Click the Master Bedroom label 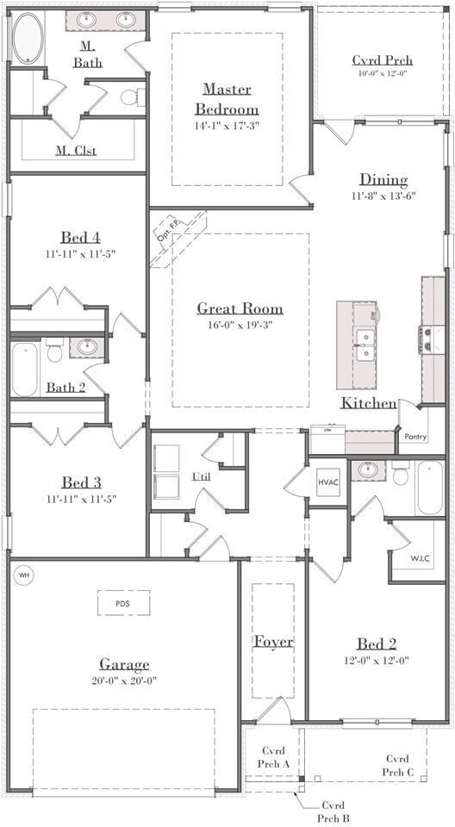[x=227, y=98]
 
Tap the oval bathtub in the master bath [x=28, y=38]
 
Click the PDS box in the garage [x=123, y=603]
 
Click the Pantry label [x=415, y=437]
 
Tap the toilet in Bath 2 [x=54, y=350]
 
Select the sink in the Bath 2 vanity [x=87, y=346]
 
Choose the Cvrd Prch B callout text [x=333, y=811]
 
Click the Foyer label [x=273, y=641]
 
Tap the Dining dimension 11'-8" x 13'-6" [x=383, y=196]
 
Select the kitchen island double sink [x=365, y=345]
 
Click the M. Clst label [x=76, y=151]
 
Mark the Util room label [x=201, y=476]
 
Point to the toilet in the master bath [x=133, y=96]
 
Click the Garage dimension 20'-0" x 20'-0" [x=123, y=681]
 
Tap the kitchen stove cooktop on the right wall [x=426, y=339]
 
